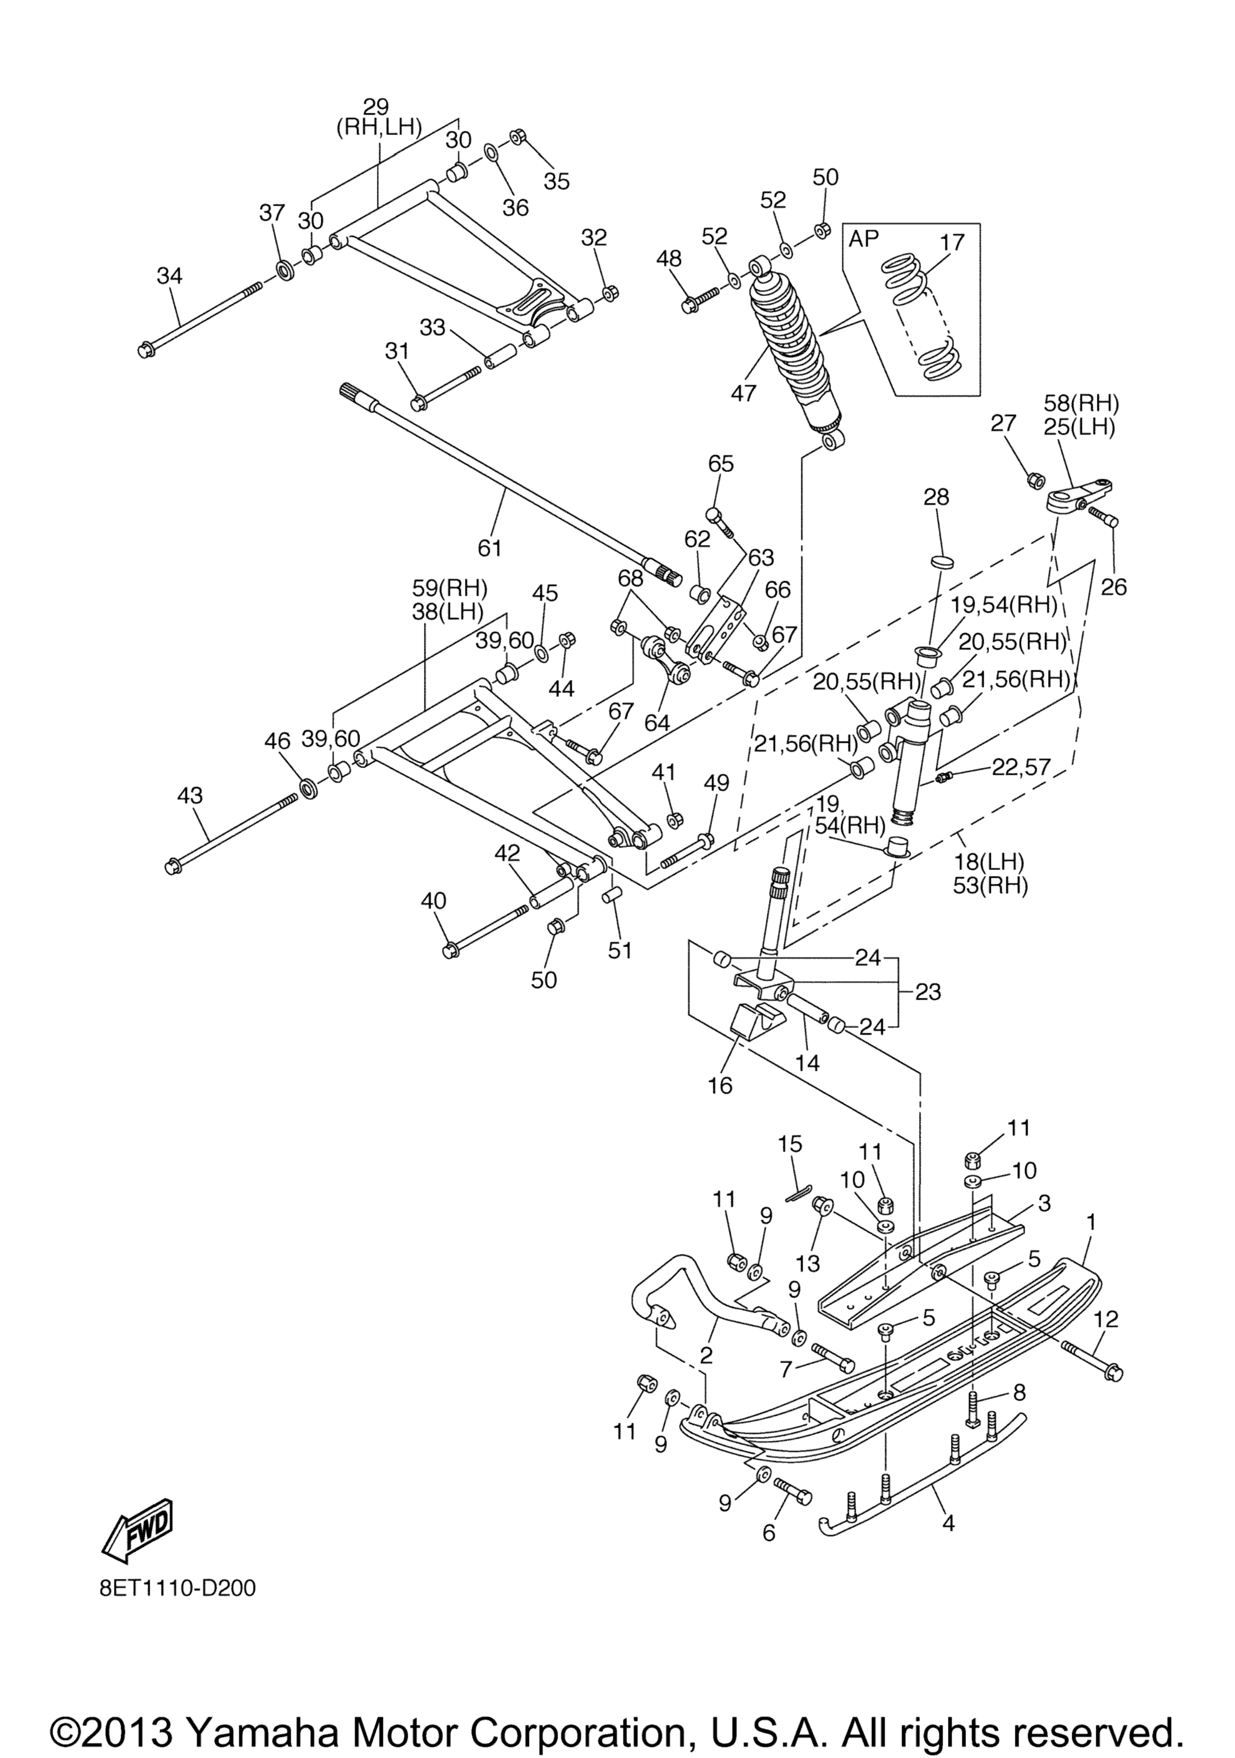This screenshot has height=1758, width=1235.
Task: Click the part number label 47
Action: pyautogui.click(x=744, y=393)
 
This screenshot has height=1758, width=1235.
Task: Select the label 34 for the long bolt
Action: pyautogui.click(x=170, y=276)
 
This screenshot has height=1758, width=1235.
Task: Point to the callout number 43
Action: pyautogui.click(x=190, y=796)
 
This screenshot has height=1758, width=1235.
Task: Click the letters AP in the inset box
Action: pyautogui.click(x=864, y=239)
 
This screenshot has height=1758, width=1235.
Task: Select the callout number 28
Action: pyautogui.click(x=937, y=498)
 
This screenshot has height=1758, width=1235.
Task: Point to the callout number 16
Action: pyautogui.click(x=721, y=1085)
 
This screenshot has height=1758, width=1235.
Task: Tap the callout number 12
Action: pyautogui.click(x=1107, y=1319)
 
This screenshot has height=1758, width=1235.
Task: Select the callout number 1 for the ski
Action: pyautogui.click(x=1091, y=1222)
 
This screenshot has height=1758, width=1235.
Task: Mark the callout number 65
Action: pyautogui.click(x=721, y=464)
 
